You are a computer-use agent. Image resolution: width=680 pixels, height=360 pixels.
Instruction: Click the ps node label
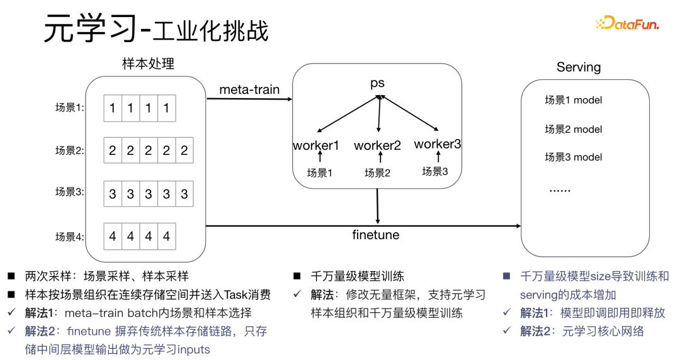coord(377,83)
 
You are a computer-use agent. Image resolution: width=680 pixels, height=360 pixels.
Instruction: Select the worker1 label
coord(316,145)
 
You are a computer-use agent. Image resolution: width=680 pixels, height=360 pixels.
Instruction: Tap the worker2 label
coord(377,145)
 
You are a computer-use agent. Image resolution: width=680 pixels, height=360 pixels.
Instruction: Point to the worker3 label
coord(438,144)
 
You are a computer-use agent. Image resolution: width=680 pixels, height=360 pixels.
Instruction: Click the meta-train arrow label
coord(249,89)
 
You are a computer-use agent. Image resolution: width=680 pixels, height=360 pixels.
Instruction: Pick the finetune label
coord(375,235)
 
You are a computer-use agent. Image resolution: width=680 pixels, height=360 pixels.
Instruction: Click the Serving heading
coord(579,67)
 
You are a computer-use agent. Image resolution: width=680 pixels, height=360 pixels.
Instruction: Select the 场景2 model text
coord(573,129)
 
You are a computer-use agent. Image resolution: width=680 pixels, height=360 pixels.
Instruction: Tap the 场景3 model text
coord(573,157)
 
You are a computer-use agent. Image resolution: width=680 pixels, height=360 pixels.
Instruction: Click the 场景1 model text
coord(573,100)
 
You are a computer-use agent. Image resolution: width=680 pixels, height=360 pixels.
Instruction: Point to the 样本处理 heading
coord(149,64)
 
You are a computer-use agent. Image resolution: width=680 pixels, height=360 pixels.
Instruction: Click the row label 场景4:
coord(70,237)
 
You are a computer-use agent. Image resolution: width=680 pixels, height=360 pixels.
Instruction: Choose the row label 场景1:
coord(70,108)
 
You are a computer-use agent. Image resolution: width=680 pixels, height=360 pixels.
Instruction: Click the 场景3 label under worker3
coord(435,171)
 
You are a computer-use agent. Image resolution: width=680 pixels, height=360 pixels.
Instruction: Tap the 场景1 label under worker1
coord(319,172)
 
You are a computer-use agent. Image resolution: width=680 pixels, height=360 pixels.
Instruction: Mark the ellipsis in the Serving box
coord(560,189)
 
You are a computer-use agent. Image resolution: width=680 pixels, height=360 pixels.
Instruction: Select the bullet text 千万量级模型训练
coord(358,276)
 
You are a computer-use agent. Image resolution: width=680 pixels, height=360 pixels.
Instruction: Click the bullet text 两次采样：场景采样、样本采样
coord(106,276)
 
